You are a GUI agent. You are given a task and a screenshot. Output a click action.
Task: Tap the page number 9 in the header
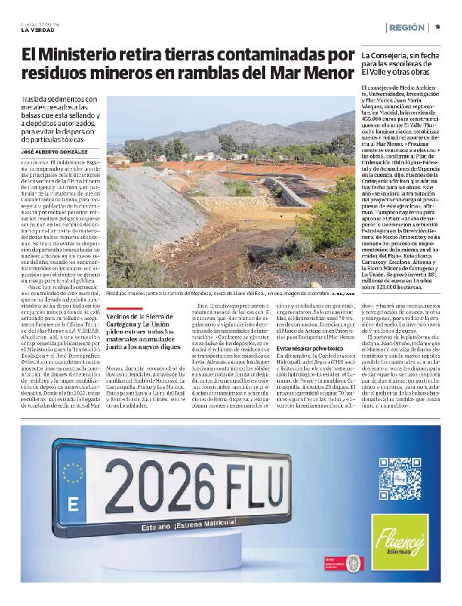[x=438, y=27]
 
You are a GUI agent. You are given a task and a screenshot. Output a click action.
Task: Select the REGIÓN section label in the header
[x=409, y=27]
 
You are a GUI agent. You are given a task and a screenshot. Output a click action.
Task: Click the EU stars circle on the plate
[x=72, y=472]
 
